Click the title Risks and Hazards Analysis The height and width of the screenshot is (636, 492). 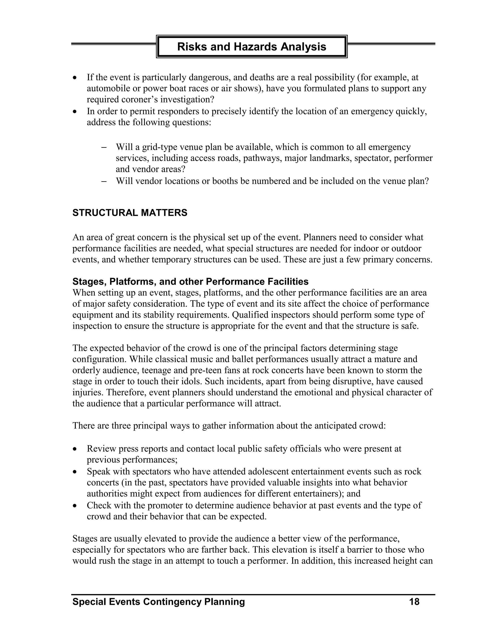pyautogui.click(x=252, y=47)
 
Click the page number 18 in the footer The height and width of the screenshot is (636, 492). pyautogui.click(x=414, y=602)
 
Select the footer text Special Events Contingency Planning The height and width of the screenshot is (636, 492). pyautogui.click(x=159, y=602)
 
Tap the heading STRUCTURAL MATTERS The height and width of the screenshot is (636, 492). pyautogui.click(x=130, y=213)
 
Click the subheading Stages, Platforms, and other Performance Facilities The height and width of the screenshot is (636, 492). pyautogui.click(x=190, y=282)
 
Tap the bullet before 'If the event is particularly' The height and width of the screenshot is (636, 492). pyautogui.click(x=75, y=78)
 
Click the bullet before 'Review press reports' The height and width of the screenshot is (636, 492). pyautogui.click(x=75, y=449)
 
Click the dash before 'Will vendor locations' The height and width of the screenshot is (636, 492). pyautogui.click(x=104, y=181)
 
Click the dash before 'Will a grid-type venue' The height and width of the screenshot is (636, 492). pyautogui.click(x=104, y=147)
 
